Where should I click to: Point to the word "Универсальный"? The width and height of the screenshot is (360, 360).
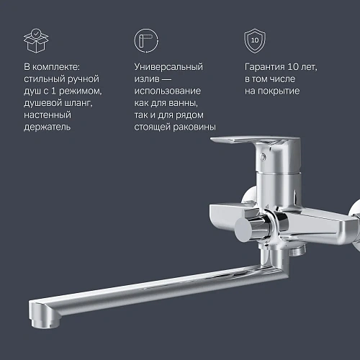pos(168,67)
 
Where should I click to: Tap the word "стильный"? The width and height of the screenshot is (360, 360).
pos(44,79)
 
